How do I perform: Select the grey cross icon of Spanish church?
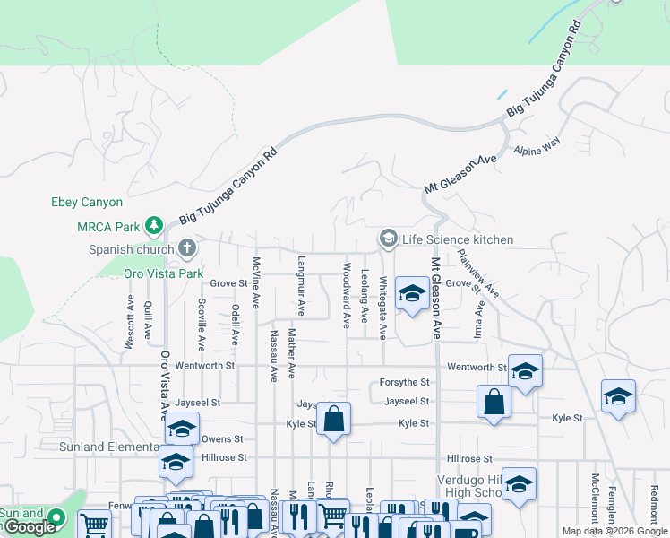[x=186, y=247]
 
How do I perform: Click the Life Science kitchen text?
[x=458, y=239]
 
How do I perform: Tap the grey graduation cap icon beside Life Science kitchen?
[x=388, y=239]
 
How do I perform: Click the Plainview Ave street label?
[x=477, y=273]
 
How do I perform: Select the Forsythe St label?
[x=405, y=384]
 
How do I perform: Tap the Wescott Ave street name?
[x=131, y=322]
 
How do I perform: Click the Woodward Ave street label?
[x=346, y=296]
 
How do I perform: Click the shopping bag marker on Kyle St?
[x=333, y=419]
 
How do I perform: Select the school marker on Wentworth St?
[x=525, y=369]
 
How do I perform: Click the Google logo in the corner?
[x=29, y=528]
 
